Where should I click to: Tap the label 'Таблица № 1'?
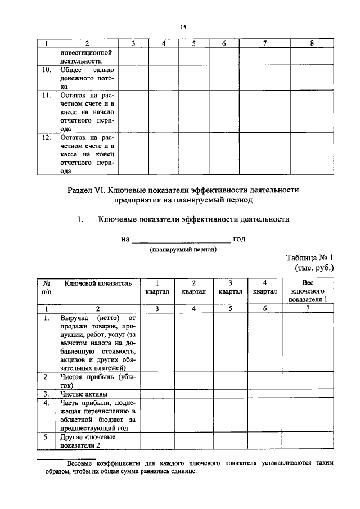(310, 258)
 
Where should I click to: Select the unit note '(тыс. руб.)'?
(314, 268)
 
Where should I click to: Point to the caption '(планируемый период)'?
(183, 249)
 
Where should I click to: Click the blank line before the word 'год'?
(180, 240)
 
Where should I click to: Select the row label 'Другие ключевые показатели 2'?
(88, 441)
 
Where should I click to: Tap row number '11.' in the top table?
(47, 96)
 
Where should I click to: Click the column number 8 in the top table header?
(312, 43)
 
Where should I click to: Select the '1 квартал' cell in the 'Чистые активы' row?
(157, 394)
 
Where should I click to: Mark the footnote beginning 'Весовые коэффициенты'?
(191, 467)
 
